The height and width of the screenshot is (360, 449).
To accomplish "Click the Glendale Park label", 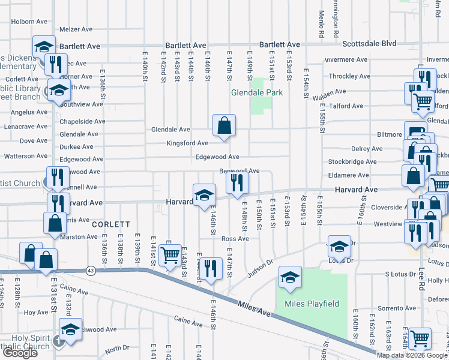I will [257, 92].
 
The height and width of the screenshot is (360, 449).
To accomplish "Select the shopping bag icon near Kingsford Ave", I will [224, 126].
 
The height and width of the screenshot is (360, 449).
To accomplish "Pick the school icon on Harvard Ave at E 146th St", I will [204, 194].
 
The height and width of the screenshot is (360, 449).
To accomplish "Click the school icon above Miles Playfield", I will [291, 277].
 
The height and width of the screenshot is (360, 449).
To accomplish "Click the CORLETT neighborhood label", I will [111, 224].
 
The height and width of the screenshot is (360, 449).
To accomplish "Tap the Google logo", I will [20, 353].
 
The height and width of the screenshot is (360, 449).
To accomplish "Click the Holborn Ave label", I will [29, 22].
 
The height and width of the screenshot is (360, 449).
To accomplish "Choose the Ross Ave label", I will [235, 238].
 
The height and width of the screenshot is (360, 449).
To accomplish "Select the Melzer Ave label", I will [76, 29].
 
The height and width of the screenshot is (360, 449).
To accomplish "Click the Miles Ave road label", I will [256, 307].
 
